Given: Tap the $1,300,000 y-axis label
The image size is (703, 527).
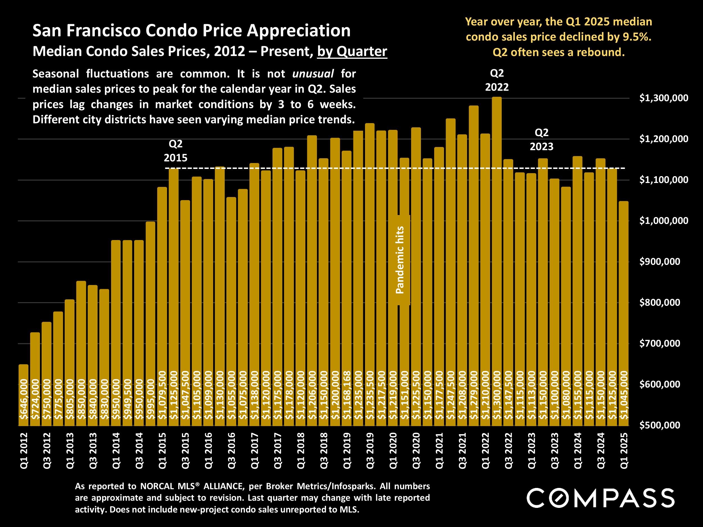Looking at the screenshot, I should point(664,98).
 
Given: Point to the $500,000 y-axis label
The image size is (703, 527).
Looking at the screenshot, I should point(659,425).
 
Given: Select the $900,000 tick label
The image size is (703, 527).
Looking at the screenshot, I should point(659,261).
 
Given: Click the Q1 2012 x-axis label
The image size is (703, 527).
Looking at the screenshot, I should point(24,451).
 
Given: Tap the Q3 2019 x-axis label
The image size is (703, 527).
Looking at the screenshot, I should point(370,451).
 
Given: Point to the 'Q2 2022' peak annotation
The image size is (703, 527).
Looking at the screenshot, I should point(497,80).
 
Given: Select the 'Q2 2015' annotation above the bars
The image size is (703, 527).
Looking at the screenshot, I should point(175,151).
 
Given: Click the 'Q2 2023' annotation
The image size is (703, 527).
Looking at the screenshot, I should point(542,139).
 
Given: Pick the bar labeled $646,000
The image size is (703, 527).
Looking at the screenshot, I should point(24,395).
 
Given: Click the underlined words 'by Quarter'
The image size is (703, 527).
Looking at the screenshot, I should point(352,51).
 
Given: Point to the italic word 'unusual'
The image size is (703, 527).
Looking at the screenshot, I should point(313,74).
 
